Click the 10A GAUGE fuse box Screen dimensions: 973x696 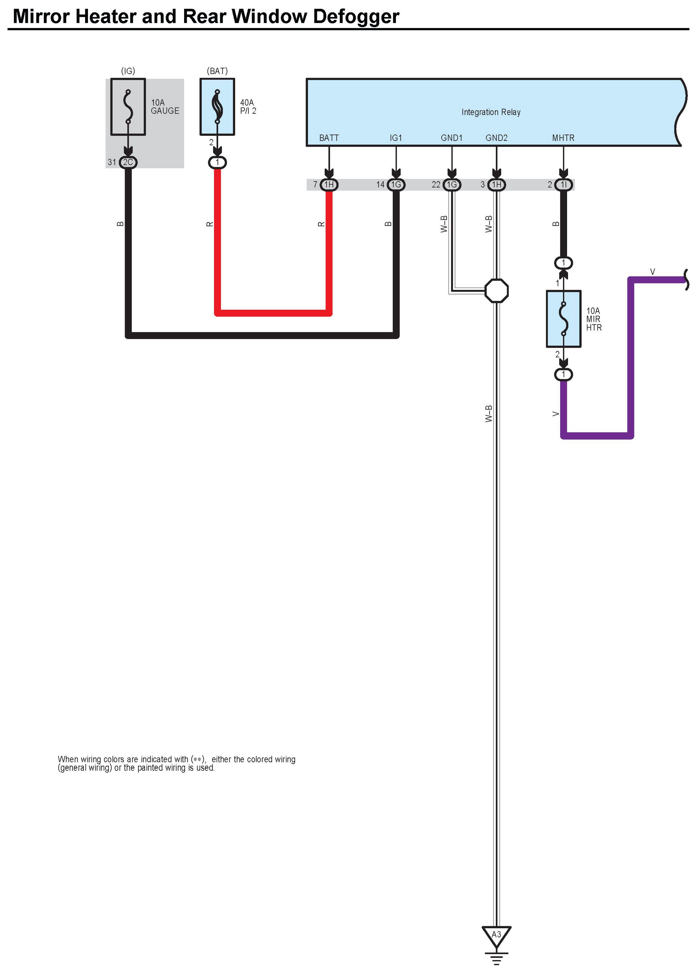point(128,107)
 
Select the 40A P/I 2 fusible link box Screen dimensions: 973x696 point(217,107)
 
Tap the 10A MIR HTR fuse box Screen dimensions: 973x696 point(563,319)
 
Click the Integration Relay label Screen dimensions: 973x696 point(491,112)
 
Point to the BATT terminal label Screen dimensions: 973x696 point(329,138)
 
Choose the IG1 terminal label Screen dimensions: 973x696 point(396,138)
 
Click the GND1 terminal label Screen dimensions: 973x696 point(451,138)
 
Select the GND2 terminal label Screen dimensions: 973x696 point(496,138)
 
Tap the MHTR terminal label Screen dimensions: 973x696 point(563,138)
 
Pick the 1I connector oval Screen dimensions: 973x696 point(563,185)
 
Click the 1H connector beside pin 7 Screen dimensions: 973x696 point(329,185)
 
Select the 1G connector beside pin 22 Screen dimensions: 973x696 point(452,185)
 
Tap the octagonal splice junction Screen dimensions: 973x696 point(496,291)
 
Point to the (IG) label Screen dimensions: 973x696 point(128,71)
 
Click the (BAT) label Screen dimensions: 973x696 point(217,71)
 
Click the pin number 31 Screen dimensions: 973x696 point(112,162)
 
